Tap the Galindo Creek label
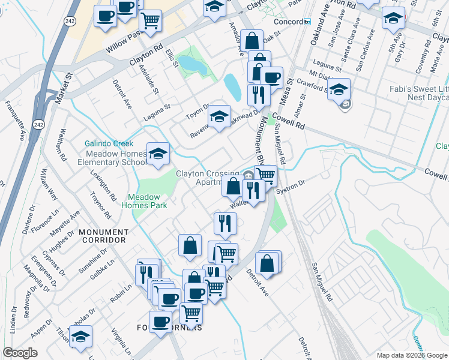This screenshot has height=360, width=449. [108, 143]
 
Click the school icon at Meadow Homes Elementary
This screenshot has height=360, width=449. [158, 154]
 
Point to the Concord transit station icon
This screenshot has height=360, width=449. [307, 22]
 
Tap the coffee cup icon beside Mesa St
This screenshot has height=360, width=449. [272, 77]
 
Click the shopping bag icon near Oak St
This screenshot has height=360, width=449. [253, 41]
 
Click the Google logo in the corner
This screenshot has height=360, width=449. [20, 353]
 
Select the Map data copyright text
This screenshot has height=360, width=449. [411, 355]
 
